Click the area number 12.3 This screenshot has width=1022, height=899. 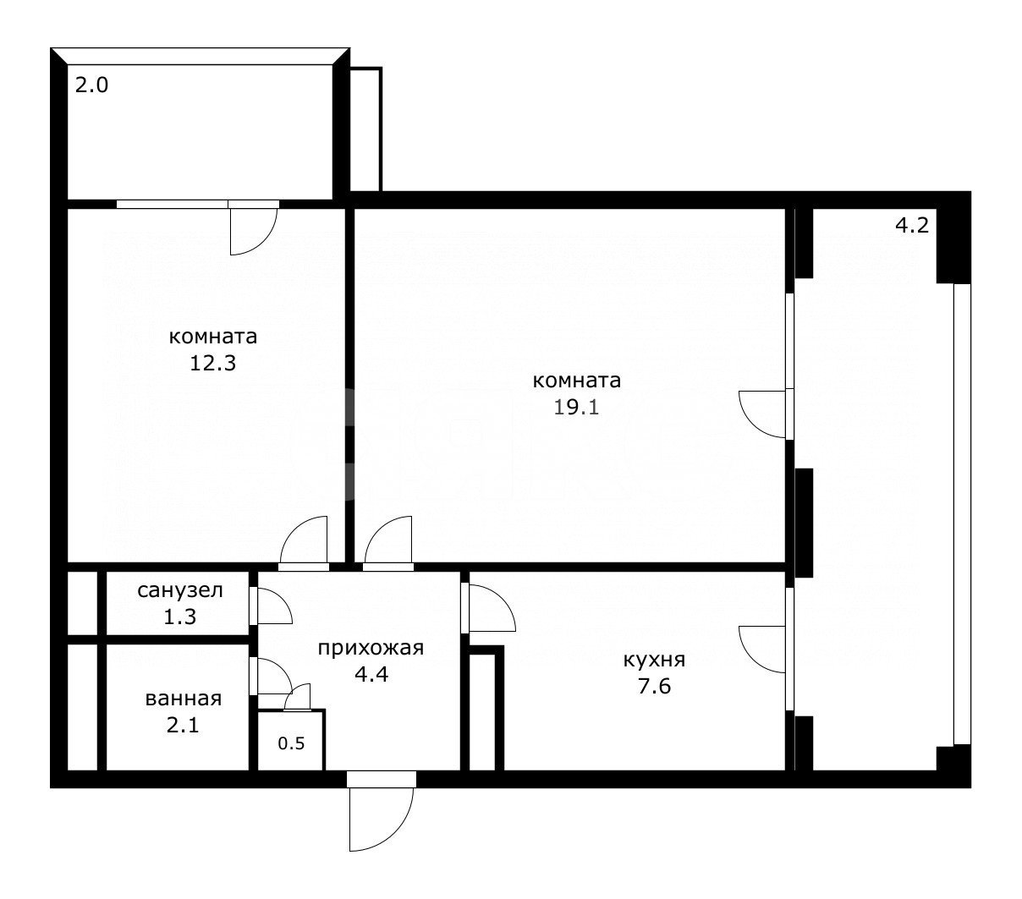coord(212,363)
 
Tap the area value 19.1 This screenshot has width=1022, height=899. coord(576,407)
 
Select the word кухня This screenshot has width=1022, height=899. coord(654,660)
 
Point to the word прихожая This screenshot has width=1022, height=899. coord(371,648)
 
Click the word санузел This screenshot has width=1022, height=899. coord(180,590)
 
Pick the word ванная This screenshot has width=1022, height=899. coord(184,699)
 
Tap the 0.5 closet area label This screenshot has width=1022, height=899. coord(292,743)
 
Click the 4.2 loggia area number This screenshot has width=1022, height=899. coord(912,225)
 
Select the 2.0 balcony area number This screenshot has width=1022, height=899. coord(92,85)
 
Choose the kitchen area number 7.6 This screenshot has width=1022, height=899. coord(654,686)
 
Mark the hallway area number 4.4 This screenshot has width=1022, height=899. coord(371,674)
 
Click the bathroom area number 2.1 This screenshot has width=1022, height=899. coord(183,725)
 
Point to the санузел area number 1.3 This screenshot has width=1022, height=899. coord(180,617)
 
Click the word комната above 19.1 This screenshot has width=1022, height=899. coord(577,381)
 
